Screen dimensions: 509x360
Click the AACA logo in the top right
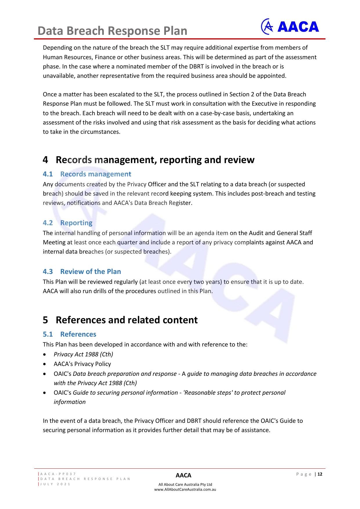290,27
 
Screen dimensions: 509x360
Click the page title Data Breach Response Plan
112,31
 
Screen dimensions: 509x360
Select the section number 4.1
48,174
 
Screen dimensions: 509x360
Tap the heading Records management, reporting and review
155,160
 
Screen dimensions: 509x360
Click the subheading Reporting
76,223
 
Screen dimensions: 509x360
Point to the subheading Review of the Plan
91,272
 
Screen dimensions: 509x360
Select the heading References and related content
126,320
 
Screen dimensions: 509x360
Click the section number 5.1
48,334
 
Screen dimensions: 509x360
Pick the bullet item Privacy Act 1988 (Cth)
83,354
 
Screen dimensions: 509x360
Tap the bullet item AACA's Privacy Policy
82,364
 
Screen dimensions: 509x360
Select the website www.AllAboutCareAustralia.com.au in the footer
185,489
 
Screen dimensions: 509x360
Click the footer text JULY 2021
55,484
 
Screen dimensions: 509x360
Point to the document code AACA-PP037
58,474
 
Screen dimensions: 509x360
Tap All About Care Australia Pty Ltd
185,484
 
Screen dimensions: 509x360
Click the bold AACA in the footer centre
183,475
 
